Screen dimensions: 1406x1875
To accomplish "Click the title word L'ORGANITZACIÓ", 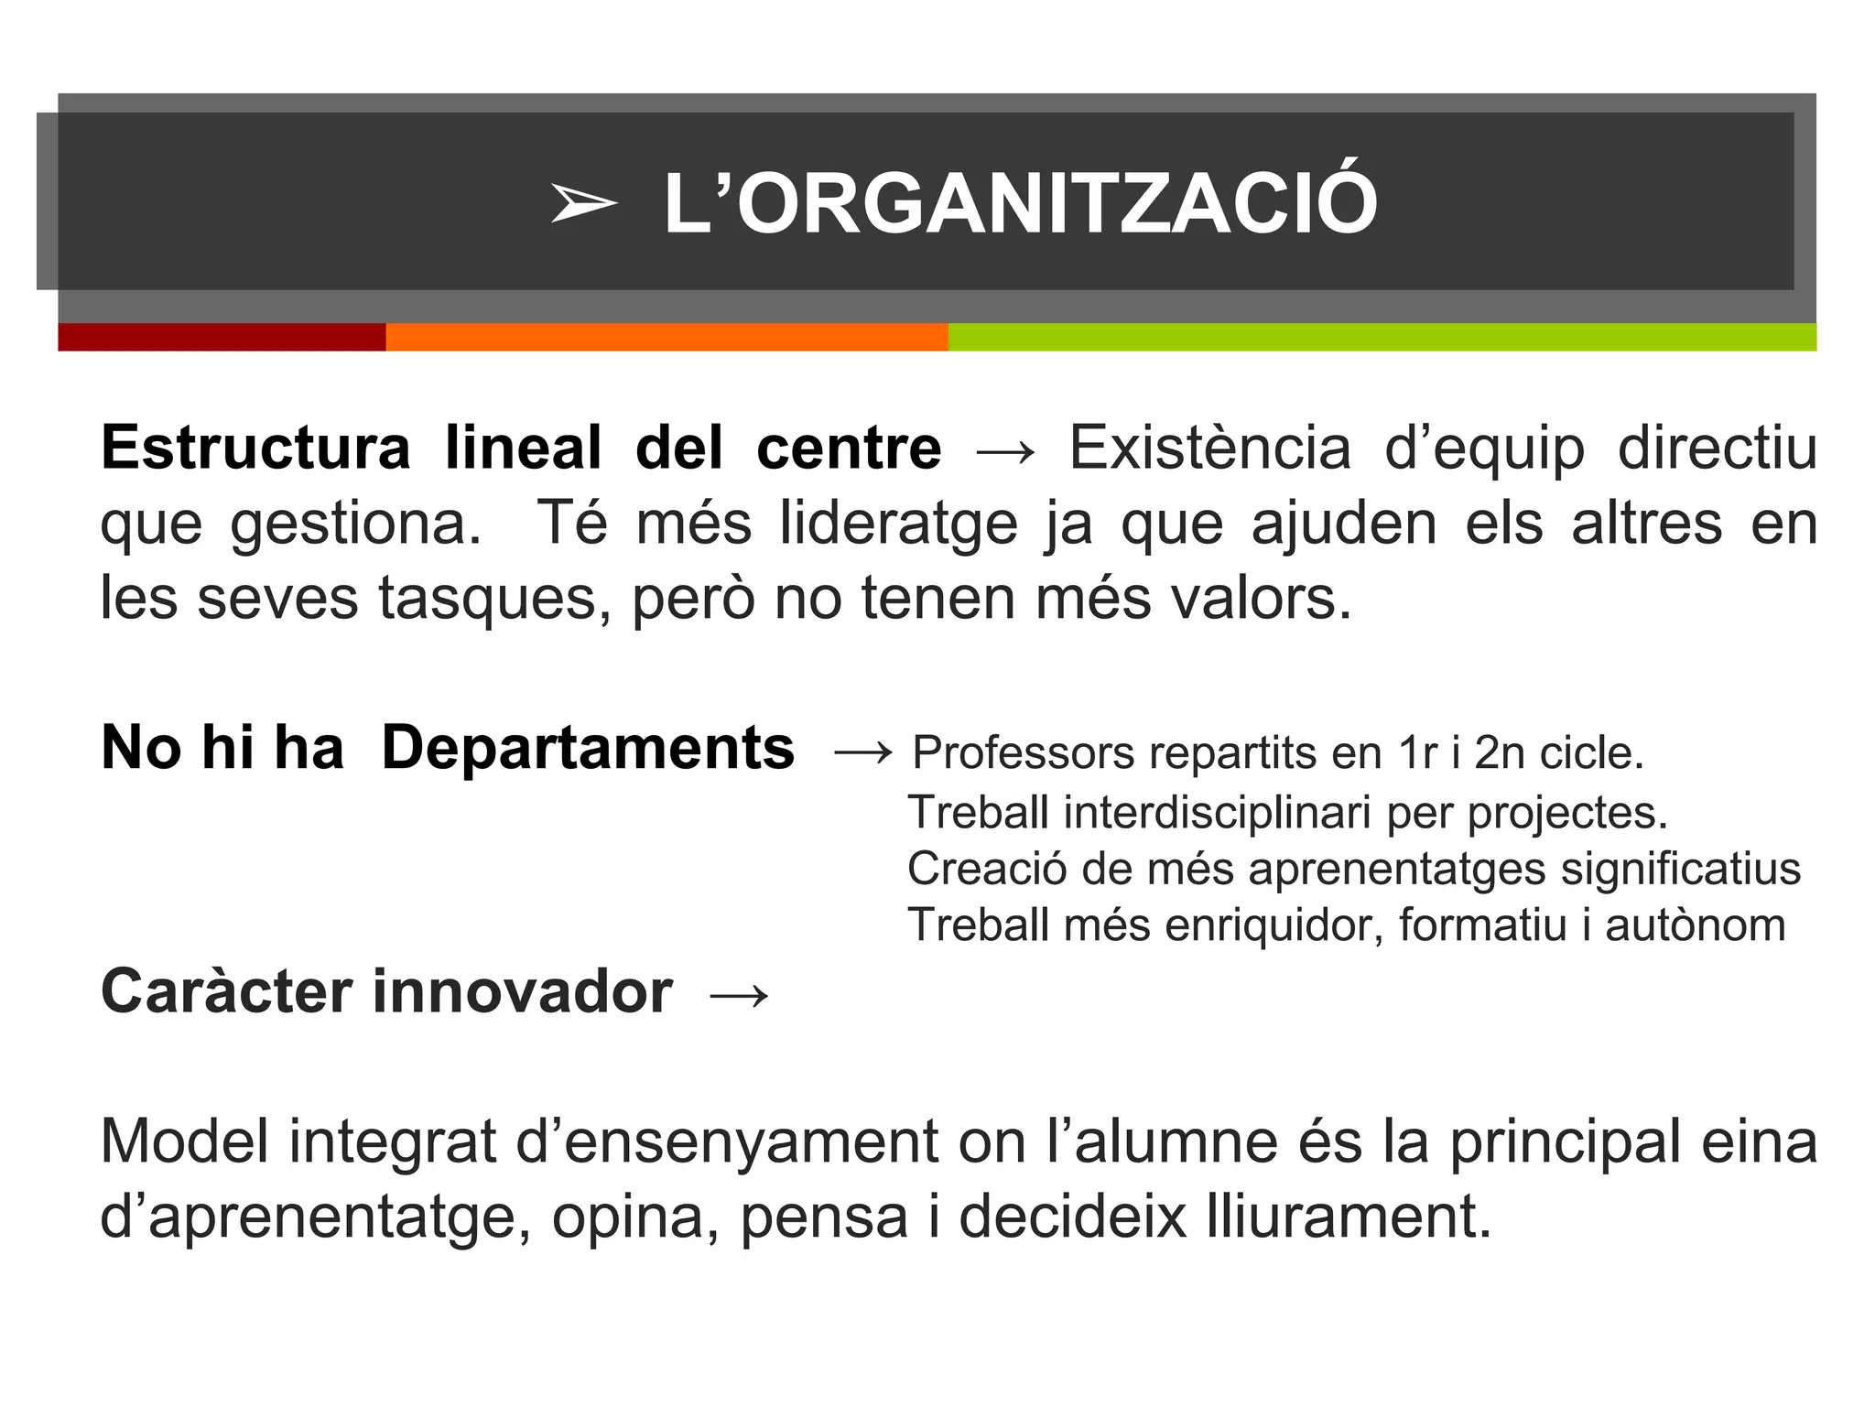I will click(1020, 204).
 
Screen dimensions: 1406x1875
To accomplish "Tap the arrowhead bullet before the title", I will click(583, 203).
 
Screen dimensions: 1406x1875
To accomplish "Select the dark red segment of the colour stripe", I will click(222, 337).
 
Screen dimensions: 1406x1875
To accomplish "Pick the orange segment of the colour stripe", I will click(667, 337).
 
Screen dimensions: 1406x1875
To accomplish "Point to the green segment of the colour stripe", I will click(1382, 337).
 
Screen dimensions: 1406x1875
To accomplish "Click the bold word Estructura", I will click(255, 449).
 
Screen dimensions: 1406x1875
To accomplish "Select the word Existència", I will click(1209, 449).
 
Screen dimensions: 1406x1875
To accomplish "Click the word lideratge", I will click(898, 524).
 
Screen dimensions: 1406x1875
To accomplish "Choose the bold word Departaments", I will click(588, 749).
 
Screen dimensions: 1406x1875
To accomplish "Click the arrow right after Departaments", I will click(862, 753).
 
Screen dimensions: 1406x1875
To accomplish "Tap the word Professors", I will click(1024, 753).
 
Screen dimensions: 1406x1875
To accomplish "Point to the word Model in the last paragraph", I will click(186, 1141).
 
